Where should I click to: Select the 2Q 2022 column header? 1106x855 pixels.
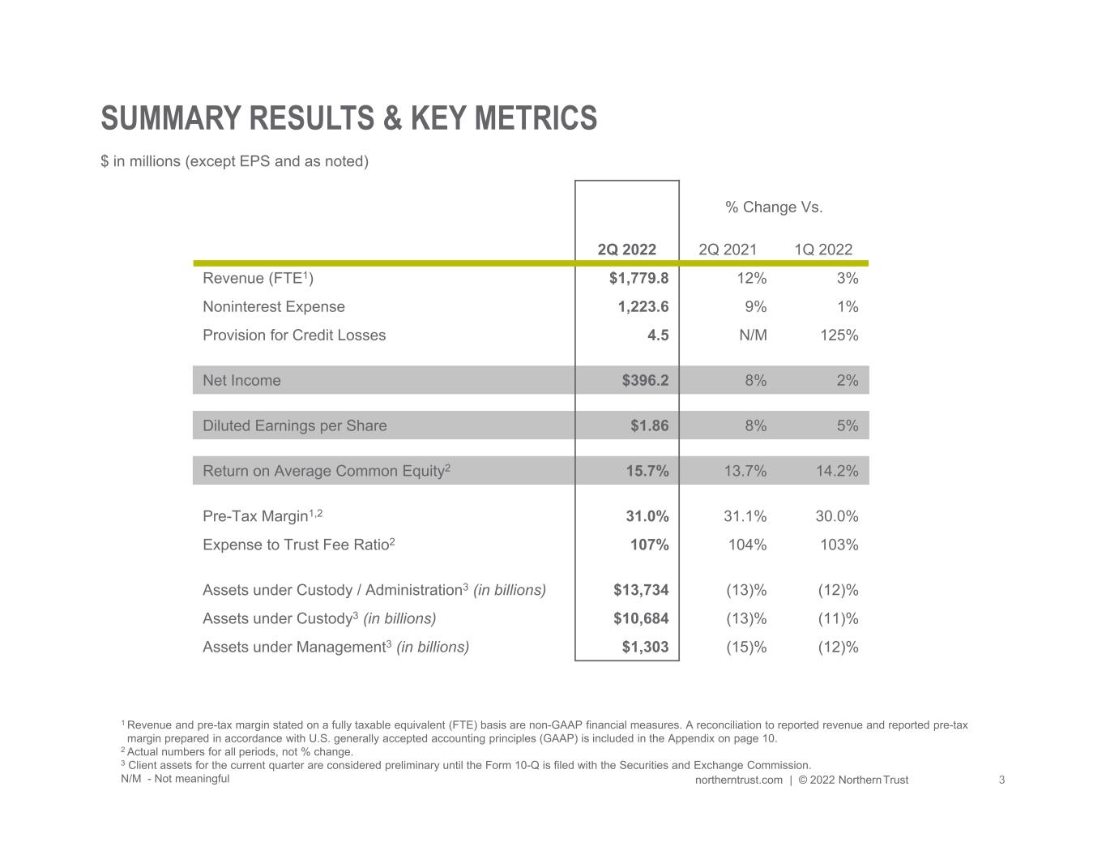click(x=626, y=250)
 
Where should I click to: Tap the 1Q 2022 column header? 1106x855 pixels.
click(x=823, y=250)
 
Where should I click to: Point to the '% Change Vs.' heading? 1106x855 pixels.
click(x=774, y=207)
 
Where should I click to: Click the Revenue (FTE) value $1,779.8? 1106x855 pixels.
click(x=638, y=279)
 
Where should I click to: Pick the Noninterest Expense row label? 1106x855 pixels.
click(x=273, y=307)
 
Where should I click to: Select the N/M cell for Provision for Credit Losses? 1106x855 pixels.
click(x=753, y=336)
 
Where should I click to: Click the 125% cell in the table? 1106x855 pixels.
click(x=839, y=336)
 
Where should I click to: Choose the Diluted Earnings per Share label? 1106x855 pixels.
click(x=294, y=426)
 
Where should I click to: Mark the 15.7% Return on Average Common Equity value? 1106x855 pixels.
click(x=647, y=472)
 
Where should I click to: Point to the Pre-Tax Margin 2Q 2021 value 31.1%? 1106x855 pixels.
click(x=745, y=517)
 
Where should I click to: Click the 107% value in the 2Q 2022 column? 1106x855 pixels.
click(x=649, y=545)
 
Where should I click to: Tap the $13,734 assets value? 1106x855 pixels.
click(x=641, y=591)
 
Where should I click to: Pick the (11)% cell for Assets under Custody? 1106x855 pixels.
click(x=838, y=619)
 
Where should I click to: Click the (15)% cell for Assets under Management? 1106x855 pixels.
click(x=745, y=648)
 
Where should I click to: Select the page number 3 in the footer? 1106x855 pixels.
click(x=1001, y=780)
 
